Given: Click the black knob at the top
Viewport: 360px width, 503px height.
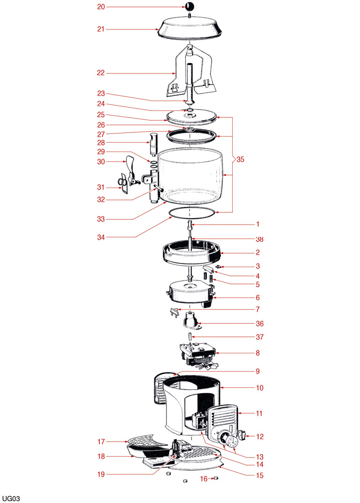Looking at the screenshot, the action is (x=189, y=7).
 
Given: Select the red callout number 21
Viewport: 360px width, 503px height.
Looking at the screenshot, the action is (x=101, y=29).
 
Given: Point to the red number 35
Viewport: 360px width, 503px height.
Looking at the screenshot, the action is (x=240, y=159).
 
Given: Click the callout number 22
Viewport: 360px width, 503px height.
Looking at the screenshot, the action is (x=101, y=73).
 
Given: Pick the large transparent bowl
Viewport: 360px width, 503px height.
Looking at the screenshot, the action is (x=191, y=176).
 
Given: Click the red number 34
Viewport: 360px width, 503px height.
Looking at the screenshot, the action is (x=101, y=237).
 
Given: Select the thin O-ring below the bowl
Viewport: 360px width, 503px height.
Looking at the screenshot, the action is (x=191, y=212).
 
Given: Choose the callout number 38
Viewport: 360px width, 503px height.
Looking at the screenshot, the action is (x=259, y=239).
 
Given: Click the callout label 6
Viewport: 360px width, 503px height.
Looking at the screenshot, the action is (x=257, y=298).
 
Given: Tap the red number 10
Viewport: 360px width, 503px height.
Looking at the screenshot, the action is (x=259, y=388).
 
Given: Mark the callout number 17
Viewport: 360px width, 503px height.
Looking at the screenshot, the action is (x=101, y=442).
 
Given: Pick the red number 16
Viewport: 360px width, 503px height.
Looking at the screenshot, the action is (x=204, y=479).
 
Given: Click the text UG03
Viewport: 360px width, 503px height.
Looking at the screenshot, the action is (x=11, y=498).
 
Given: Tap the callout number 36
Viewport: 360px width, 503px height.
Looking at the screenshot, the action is (x=259, y=324).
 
